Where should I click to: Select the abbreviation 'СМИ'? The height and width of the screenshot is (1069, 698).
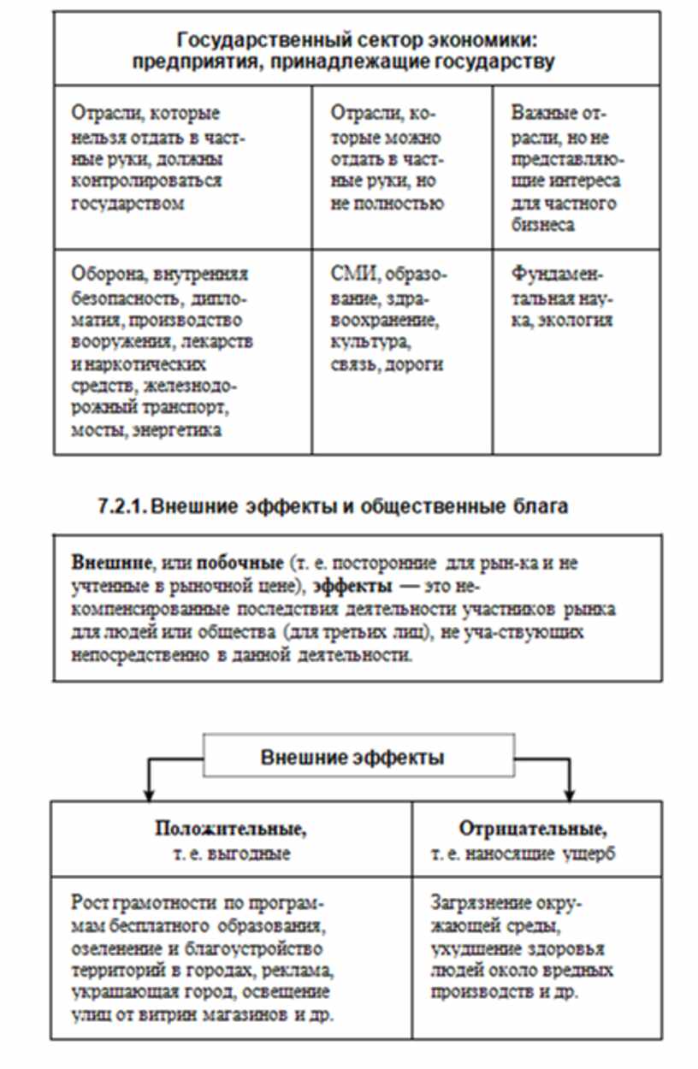click(352, 275)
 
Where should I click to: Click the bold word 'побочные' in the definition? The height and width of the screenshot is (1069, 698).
click(240, 564)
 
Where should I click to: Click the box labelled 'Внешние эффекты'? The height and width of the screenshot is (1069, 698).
click(359, 756)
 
